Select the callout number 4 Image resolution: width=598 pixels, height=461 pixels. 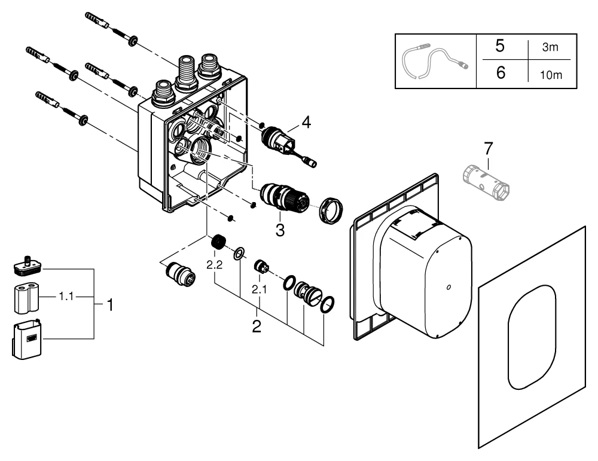(x=306, y=123)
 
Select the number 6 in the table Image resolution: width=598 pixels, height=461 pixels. (x=501, y=73)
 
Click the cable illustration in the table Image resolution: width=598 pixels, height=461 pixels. (x=435, y=60)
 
